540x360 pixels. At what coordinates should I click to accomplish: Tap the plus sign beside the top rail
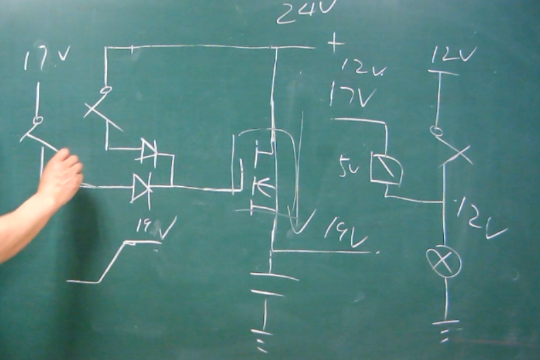pyautogui.click(x=334, y=44)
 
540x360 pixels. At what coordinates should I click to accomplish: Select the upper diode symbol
pyautogui.click(x=148, y=151)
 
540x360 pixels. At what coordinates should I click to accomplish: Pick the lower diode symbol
pyautogui.click(x=142, y=187)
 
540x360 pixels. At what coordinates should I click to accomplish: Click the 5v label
pyautogui.click(x=348, y=166)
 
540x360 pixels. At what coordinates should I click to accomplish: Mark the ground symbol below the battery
pyautogui.click(x=261, y=338)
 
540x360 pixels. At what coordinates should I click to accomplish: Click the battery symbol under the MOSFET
pyautogui.click(x=273, y=284)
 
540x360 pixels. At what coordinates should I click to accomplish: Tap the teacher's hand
pyautogui.click(x=59, y=179)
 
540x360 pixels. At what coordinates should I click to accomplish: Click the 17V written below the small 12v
pyautogui.click(x=352, y=95)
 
